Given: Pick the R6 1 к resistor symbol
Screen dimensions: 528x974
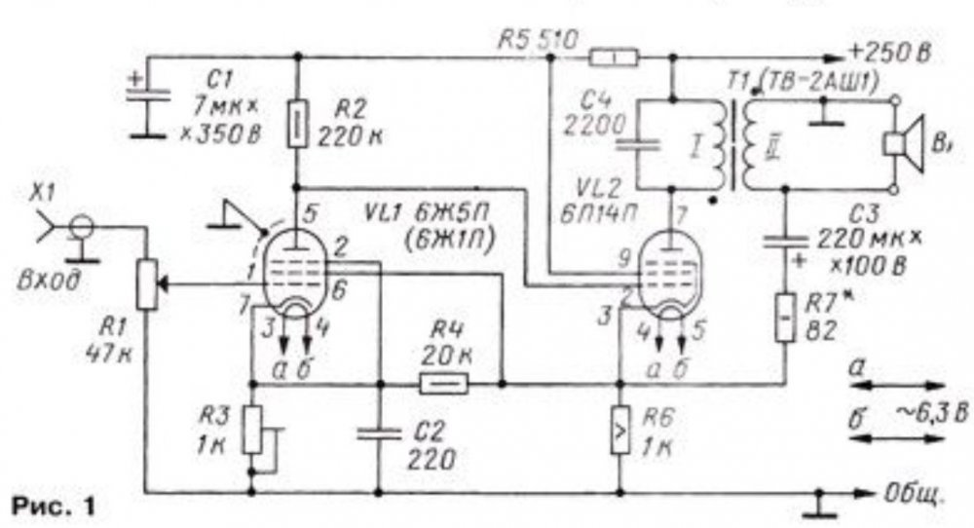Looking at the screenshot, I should pyautogui.click(x=619, y=423).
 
